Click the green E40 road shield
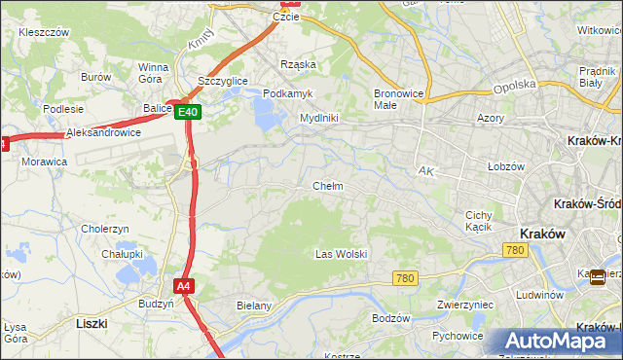pyautogui.click(x=189, y=112)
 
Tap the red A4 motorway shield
pyautogui.click(x=184, y=286)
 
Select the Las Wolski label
pyautogui.click(x=341, y=254)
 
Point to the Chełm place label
pyautogui.click(x=327, y=186)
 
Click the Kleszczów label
pyautogui.click(x=43, y=32)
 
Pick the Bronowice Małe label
pyautogui.click(x=398, y=99)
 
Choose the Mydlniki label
pyautogui.click(x=318, y=118)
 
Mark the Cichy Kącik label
pyautogui.click(x=478, y=221)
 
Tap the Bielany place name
pyautogui.click(x=254, y=306)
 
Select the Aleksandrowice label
pyautogui.click(x=103, y=132)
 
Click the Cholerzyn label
pyautogui.click(x=106, y=229)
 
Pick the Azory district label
pyautogui.click(x=491, y=117)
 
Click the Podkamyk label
pyautogui.click(x=287, y=92)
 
